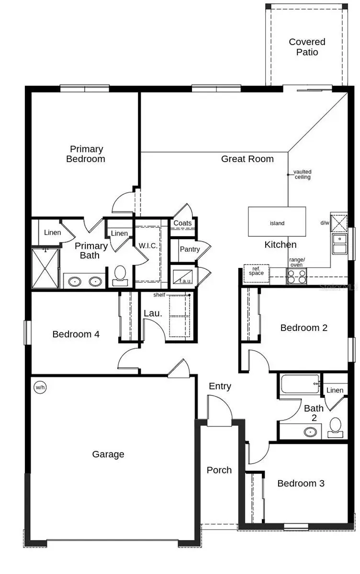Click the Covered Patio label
point(307,47)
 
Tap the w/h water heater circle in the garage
point(40,387)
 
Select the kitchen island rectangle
point(277,222)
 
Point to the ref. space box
point(256,271)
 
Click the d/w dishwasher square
point(338,223)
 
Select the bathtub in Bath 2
point(300,384)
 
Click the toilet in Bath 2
point(336,427)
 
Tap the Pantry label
point(190,249)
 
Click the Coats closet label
point(182,223)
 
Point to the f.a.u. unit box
point(183,277)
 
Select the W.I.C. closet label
point(148,245)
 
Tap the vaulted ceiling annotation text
point(302,174)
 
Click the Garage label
point(108,454)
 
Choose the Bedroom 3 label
point(301,483)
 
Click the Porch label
point(219,470)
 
